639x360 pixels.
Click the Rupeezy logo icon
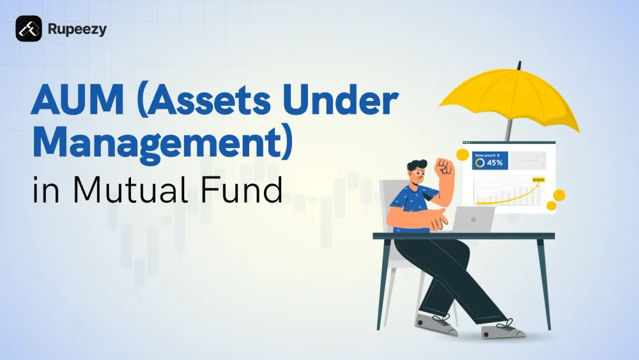(x=29, y=29)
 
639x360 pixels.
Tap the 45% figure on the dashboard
(x=495, y=163)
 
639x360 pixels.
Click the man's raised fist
(x=443, y=168)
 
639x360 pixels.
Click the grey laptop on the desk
(x=476, y=219)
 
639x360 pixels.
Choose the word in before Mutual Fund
(x=46, y=190)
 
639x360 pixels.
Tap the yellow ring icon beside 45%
(x=480, y=163)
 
